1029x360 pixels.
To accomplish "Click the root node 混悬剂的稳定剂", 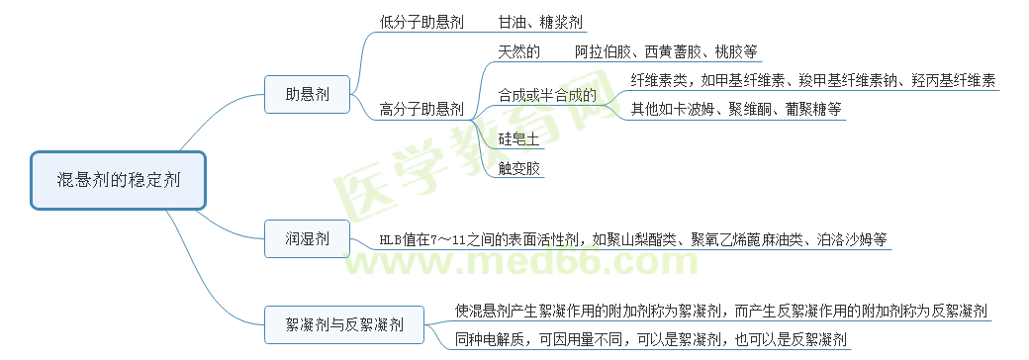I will point(118,180).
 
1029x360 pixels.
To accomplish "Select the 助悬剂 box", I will point(307,95).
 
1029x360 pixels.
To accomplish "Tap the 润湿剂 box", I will point(307,238).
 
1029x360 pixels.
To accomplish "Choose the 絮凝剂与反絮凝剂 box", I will point(343,323).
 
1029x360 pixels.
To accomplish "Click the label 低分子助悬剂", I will point(421,22).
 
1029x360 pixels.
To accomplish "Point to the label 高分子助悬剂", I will point(421,110).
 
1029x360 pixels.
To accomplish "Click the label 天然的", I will point(518,51).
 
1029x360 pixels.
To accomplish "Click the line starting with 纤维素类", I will point(812,80).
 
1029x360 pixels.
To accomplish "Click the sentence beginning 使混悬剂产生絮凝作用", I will point(720,311).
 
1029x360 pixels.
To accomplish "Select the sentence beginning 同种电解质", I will point(651,340).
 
